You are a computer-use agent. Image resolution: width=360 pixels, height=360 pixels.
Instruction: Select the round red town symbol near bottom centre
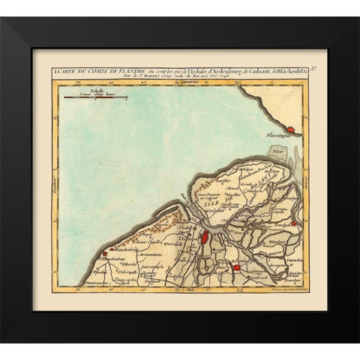click(235, 267)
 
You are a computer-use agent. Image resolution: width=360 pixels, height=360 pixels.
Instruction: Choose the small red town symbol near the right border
click(295, 223)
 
